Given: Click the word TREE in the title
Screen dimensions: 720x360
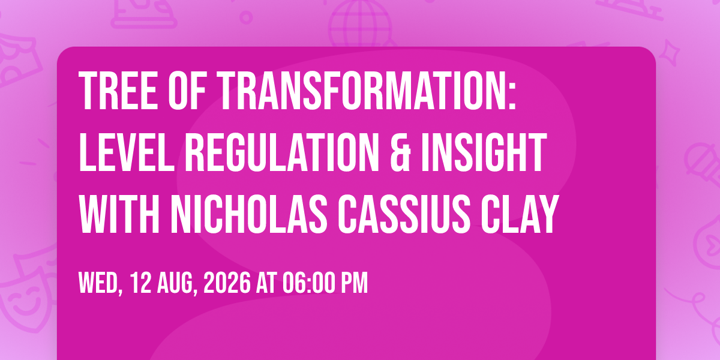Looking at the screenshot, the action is [118, 91].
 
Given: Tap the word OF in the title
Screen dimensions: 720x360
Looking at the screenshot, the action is [187, 91].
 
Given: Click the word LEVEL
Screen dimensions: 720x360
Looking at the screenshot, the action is [127, 152].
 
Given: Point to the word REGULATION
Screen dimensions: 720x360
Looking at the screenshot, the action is [281, 152].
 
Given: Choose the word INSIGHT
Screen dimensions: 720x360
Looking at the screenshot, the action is [484, 152].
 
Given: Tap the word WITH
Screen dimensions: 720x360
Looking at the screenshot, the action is [119, 214].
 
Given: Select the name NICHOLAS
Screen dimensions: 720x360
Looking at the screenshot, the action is [249, 214].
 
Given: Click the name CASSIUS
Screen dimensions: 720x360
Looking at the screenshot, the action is [404, 214].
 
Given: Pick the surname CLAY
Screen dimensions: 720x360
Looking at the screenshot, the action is [519, 214].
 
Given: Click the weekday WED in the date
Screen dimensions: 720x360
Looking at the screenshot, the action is [101, 283].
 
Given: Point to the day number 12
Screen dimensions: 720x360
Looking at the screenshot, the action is [140, 283].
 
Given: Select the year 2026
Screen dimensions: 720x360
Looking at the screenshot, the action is [227, 283].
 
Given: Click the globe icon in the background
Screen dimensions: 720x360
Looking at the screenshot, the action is [360, 24].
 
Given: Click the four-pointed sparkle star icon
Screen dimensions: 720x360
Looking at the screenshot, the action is [670, 53].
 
